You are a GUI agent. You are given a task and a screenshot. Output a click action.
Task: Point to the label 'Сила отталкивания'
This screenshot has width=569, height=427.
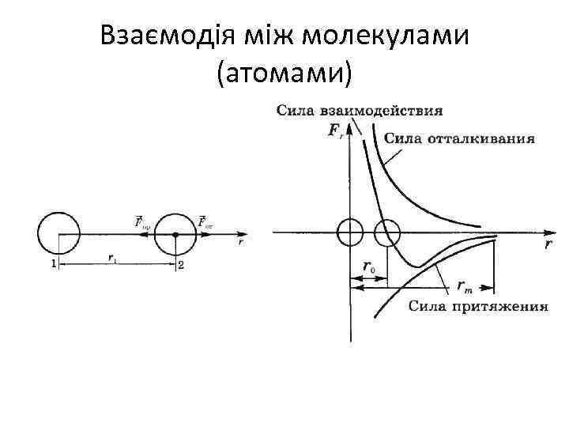click(x=459, y=138)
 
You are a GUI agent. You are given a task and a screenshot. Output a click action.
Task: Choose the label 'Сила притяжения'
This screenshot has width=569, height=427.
click(x=479, y=306)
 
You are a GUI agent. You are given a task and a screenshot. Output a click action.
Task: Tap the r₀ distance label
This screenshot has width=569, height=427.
click(x=369, y=267)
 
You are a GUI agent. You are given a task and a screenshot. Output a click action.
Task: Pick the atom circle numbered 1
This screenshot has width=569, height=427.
click(x=58, y=233)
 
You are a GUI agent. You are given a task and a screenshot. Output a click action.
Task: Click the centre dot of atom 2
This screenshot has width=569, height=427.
click(x=175, y=234)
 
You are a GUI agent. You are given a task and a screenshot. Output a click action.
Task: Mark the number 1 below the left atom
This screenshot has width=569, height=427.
click(x=53, y=265)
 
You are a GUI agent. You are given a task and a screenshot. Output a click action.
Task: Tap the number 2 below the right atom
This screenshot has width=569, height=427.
click(x=181, y=266)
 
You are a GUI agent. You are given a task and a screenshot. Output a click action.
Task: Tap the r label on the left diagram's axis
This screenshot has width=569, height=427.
click(x=240, y=244)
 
